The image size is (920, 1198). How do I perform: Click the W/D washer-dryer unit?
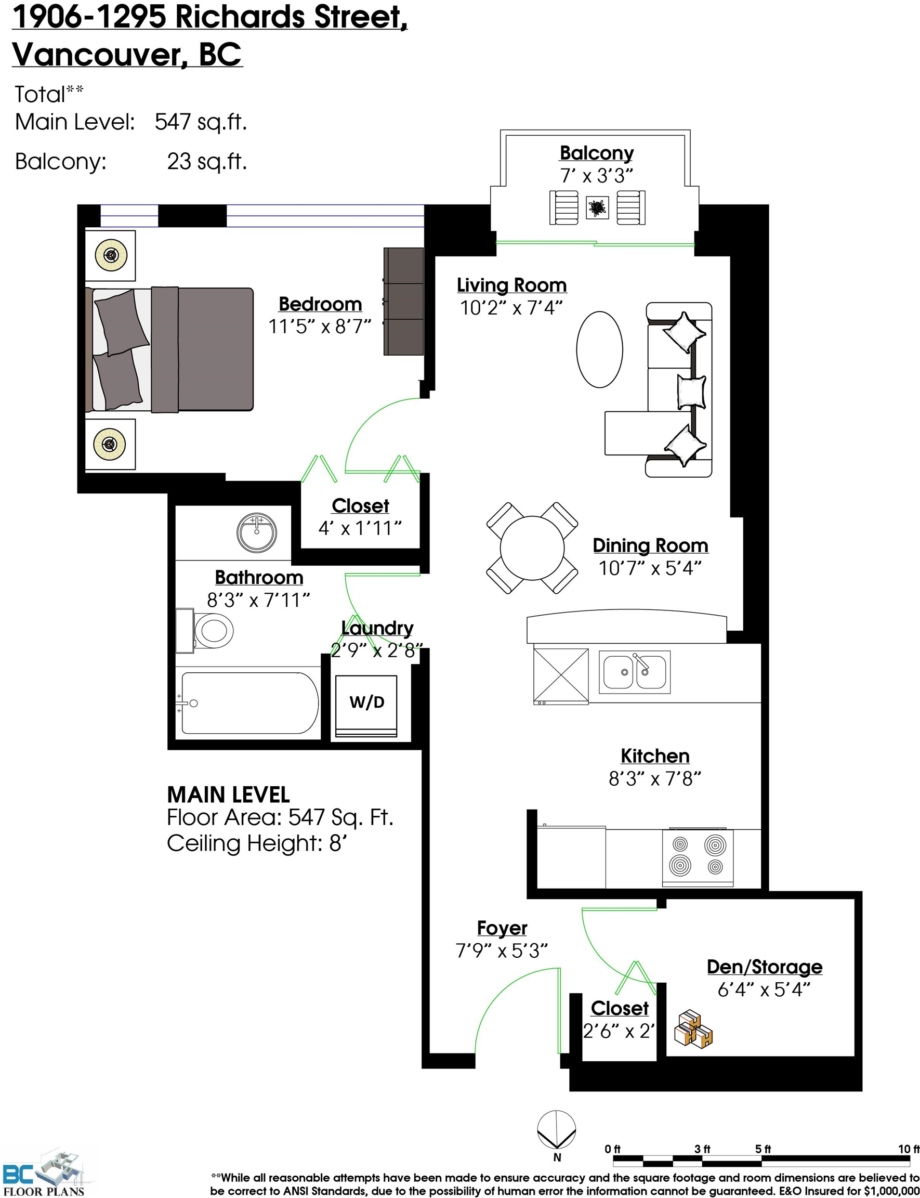[x=366, y=706]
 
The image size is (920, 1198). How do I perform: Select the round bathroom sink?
[x=256, y=533]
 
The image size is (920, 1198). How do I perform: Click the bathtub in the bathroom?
[x=249, y=703]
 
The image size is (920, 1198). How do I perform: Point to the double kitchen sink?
[x=635, y=672]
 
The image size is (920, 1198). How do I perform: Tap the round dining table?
[x=532, y=548]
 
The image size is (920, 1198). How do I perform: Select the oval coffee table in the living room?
[x=600, y=349]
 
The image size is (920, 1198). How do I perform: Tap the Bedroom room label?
[x=320, y=304]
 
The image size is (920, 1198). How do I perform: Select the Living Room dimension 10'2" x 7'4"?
[x=511, y=308]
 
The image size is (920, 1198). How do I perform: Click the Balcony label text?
[x=596, y=153]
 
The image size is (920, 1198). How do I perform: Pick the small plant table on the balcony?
[x=597, y=207]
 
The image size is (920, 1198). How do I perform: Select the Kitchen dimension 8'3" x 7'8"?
[x=655, y=778]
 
